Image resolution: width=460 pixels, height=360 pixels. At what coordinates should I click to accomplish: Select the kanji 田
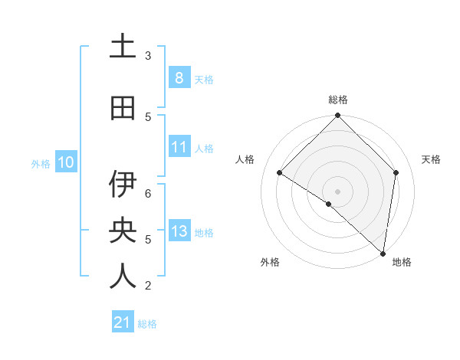[x=123, y=109]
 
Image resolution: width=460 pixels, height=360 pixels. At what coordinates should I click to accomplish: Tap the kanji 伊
[x=123, y=185]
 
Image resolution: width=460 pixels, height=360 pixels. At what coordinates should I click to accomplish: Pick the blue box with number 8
[x=179, y=78]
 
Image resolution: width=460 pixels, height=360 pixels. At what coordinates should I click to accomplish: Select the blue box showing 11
[x=179, y=147]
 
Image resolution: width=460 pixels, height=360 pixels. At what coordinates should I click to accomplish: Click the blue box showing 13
[x=179, y=231]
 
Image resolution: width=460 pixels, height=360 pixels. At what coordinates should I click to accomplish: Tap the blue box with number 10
[x=65, y=162]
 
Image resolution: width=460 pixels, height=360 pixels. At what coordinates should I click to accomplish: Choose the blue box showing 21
[x=122, y=323]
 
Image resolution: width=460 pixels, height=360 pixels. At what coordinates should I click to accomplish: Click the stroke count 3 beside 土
[x=148, y=56]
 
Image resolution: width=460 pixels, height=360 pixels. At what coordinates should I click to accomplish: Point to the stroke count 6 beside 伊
[x=148, y=194]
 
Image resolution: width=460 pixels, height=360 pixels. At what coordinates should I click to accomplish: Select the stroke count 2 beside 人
[x=148, y=286]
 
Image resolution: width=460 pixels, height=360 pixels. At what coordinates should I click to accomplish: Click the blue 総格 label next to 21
[x=147, y=324]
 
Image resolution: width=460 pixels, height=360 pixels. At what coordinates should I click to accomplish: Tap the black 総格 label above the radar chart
[x=337, y=100]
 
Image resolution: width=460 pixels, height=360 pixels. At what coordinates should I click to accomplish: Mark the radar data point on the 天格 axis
[x=396, y=172]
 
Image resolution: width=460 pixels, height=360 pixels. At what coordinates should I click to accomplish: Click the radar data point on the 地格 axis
[x=383, y=253]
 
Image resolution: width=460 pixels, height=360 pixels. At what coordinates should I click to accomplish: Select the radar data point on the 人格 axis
[x=280, y=173]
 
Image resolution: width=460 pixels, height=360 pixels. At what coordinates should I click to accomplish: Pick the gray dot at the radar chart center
[x=337, y=191]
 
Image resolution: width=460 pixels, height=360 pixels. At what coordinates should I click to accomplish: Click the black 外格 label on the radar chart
[x=270, y=262]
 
